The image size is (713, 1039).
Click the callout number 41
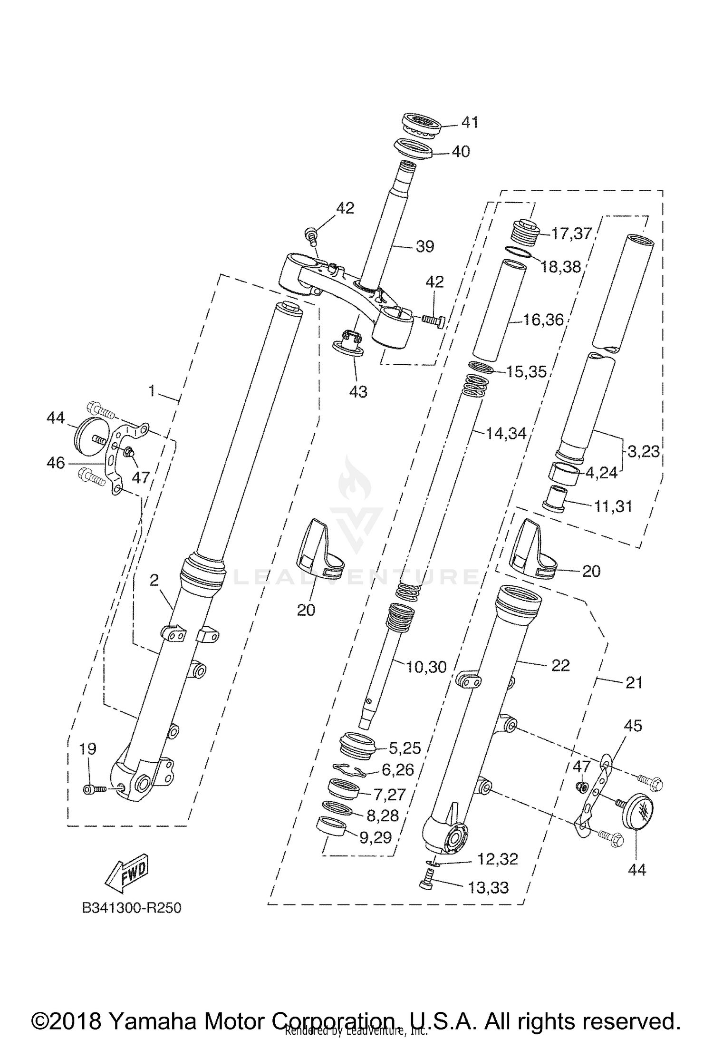[470, 122]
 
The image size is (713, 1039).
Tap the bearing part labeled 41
[422, 126]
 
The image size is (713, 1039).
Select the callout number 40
[460, 152]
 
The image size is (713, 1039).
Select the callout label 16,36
[543, 320]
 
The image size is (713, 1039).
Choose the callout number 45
[633, 726]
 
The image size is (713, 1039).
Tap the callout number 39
[425, 246]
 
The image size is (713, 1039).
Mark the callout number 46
[56, 462]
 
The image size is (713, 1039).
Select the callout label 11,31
[613, 506]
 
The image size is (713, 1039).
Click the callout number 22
[560, 665]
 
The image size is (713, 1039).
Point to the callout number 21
[634, 683]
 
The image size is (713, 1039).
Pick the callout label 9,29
[375, 837]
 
